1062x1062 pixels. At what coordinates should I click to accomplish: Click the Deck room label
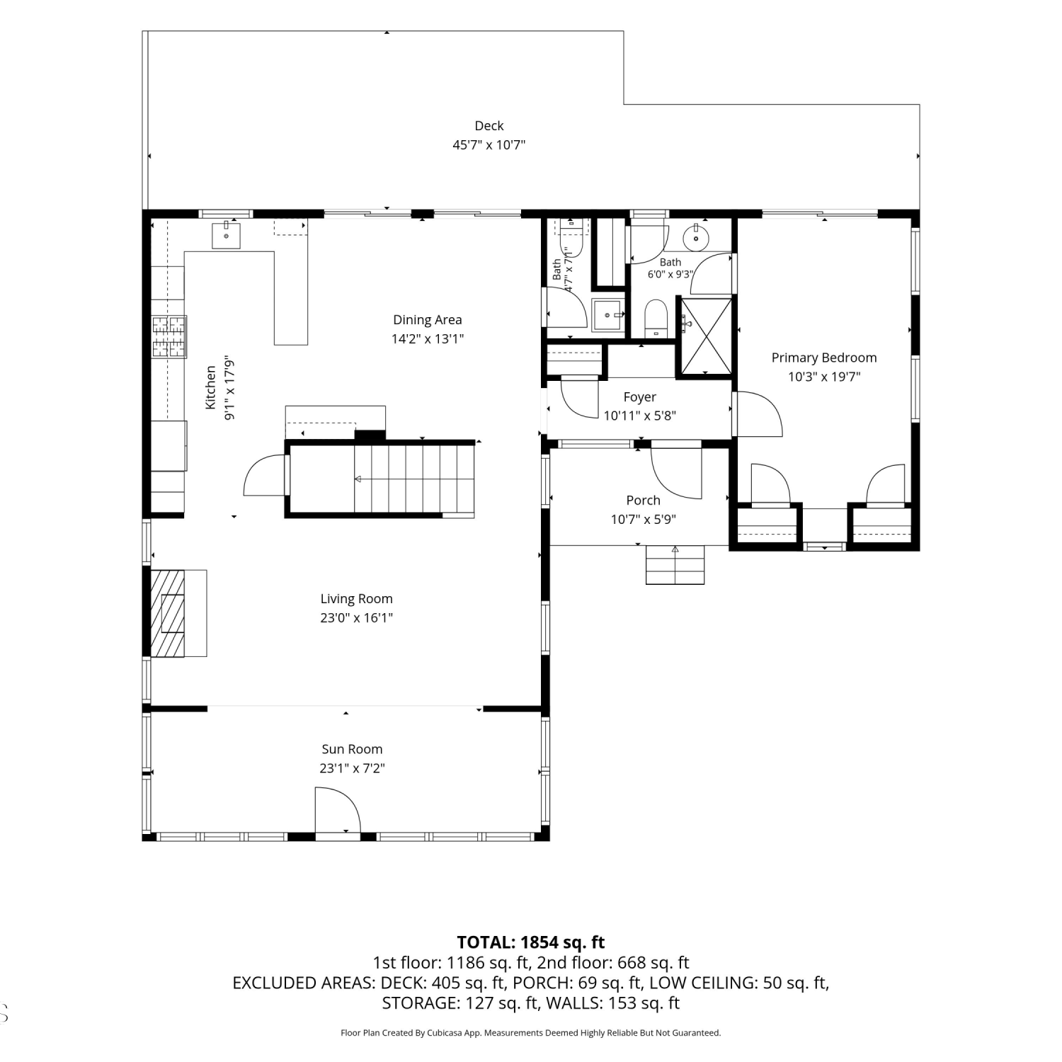pos(489,126)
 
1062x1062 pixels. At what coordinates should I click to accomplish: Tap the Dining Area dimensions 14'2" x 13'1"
pos(428,338)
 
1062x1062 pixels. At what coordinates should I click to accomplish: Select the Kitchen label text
pos(210,387)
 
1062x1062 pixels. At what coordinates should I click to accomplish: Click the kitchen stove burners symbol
pos(169,336)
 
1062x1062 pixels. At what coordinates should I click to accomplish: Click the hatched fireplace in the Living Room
pos(169,613)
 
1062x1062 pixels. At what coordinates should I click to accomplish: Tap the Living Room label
pos(356,599)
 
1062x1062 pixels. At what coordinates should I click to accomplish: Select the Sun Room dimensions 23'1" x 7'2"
pos(352,768)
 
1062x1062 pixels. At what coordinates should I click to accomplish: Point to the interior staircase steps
pos(414,479)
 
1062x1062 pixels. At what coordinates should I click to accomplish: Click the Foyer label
pos(640,397)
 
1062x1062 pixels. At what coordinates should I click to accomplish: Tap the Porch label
pos(643,501)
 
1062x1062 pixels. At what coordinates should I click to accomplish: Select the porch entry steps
pos(675,564)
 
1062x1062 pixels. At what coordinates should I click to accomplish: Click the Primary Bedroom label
pos(824,358)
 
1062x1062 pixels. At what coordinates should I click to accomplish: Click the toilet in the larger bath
pos(656,318)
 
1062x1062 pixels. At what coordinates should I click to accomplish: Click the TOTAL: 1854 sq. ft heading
pos(531,942)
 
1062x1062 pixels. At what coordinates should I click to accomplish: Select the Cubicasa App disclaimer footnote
pos(531,1033)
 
